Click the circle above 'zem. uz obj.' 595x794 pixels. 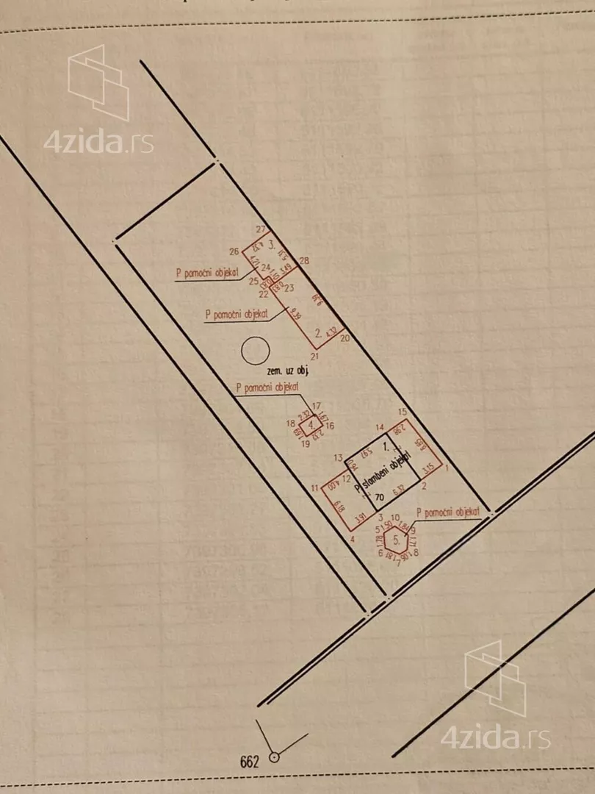256,351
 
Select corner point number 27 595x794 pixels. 259,228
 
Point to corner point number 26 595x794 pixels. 234,250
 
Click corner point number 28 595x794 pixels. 304,260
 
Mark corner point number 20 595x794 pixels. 345,338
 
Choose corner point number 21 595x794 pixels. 314,356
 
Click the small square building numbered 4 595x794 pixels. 312,425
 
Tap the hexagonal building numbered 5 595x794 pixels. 397,541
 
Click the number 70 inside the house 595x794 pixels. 379,497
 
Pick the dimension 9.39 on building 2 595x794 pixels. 295,315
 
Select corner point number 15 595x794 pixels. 402,412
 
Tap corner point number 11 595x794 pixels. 314,487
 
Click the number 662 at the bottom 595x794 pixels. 250,762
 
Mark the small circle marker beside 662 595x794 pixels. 275,755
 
